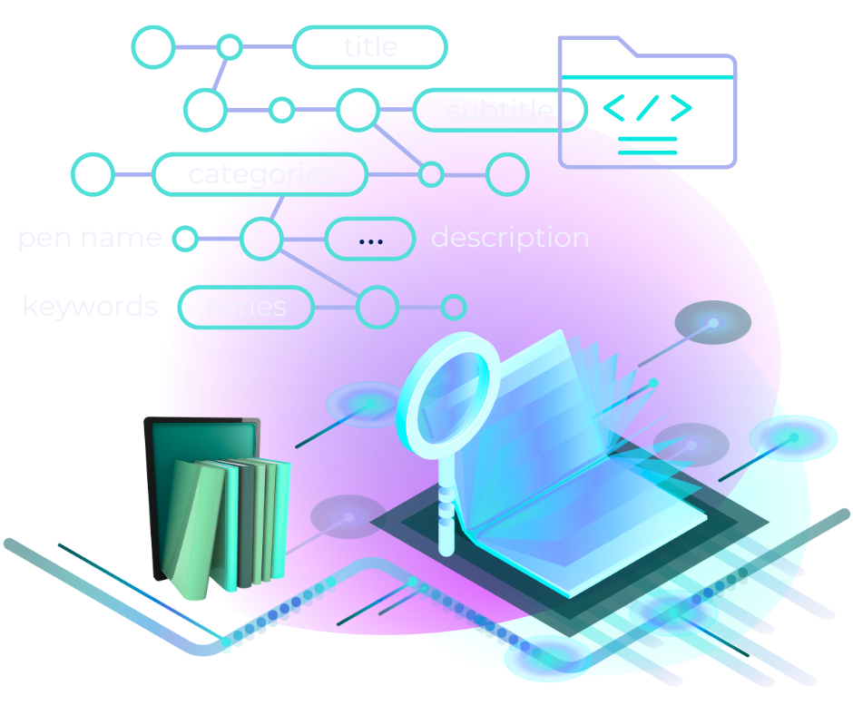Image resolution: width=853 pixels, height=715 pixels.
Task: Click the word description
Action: pyautogui.click(x=510, y=238)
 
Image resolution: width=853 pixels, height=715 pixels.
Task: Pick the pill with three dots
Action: pyautogui.click(x=370, y=240)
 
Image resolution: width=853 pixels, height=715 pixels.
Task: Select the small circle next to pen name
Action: pyautogui.click(x=185, y=239)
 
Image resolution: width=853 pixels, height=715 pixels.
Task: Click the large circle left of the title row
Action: pyautogui.click(x=154, y=47)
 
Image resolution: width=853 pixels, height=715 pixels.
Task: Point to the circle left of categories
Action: pyautogui.click(x=93, y=174)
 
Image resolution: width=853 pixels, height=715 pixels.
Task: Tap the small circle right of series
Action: pyautogui.click(x=454, y=307)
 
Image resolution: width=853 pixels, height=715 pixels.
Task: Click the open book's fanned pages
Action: pyautogui.click(x=581, y=399)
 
